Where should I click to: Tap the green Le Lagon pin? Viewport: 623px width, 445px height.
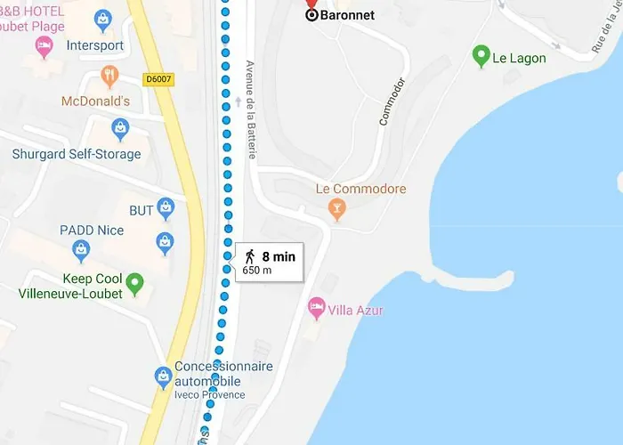(x=481, y=57)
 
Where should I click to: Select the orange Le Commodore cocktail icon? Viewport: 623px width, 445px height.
(x=336, y=210)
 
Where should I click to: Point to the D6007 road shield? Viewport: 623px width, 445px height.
(x=158, y=79)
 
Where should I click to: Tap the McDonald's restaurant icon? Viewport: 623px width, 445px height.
(x=109, y=77)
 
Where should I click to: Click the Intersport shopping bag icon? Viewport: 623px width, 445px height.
(x=103, y=18)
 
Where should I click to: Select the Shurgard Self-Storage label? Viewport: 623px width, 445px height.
(x=77, y=154)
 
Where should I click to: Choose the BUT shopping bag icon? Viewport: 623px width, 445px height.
(x=165, y=209)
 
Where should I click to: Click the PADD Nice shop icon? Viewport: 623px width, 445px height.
(x=165, y=241)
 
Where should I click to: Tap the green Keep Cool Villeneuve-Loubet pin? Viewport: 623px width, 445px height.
(x=134, y=284)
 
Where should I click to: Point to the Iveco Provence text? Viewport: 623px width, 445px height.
(x=210, y=395)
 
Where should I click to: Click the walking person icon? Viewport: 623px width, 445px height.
(x=250, y=257)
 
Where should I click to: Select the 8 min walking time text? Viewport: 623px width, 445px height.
(x=279, y=257)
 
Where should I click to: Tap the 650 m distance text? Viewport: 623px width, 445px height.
(x=257, y=271)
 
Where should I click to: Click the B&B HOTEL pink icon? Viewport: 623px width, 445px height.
(x=42, y=46)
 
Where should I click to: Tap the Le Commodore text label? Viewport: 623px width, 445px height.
(x=360, y=189)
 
